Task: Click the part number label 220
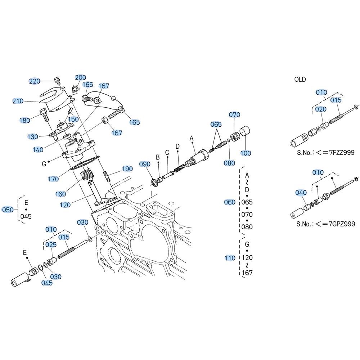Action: tap(35, 81)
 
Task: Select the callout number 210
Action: tap(18, 101)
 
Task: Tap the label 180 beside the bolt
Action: tap(25, 120)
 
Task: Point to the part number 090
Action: tap(145, 164)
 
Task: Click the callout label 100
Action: tap(246, 153)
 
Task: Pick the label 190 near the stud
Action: tap(127, 169)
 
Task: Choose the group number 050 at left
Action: tap(8, 210)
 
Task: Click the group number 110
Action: tap(230, 258)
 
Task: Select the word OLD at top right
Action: tap(300, 80)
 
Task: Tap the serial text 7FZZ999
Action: tap(342, 152)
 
